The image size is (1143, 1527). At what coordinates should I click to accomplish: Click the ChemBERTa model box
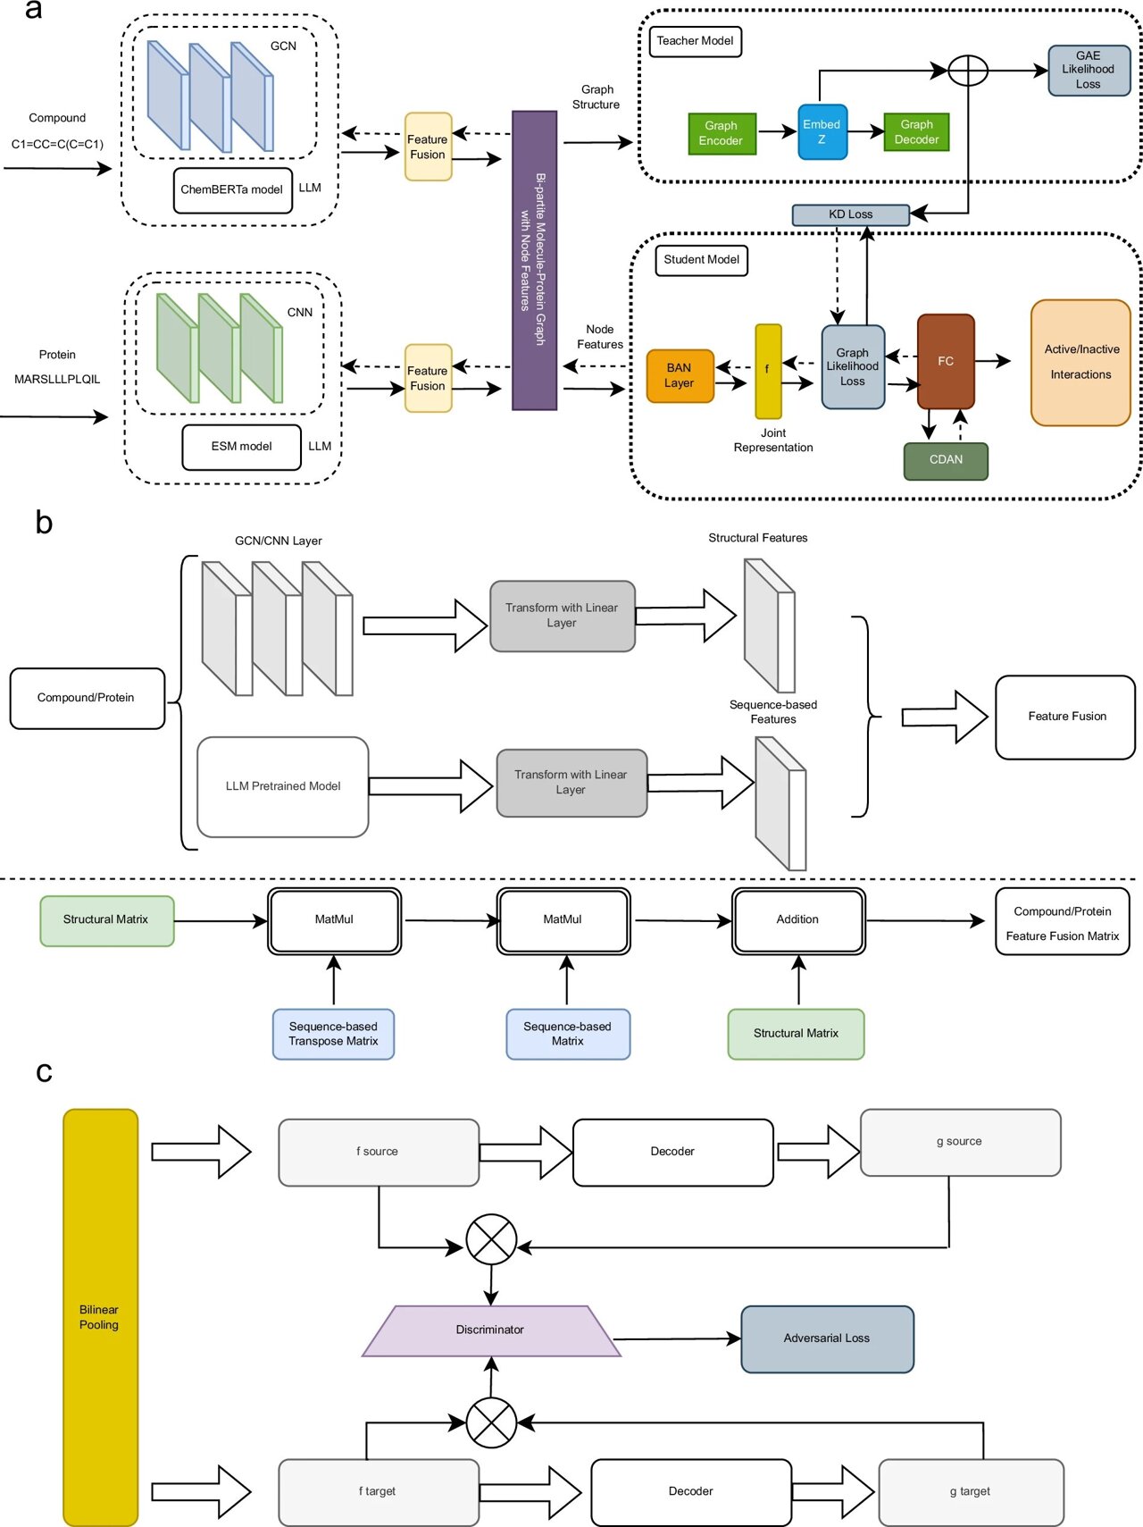click(x=232, y=190)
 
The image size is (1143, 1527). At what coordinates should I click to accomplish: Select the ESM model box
click(x=241, y=447)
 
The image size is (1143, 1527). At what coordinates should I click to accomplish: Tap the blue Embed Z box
click(x=822, y=132)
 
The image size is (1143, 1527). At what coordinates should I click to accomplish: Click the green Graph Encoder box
click(x=722, y=133)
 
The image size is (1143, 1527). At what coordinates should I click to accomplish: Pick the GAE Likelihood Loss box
click(x=1088, y=71)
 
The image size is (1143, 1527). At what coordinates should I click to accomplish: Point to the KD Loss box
click(x=850, y=214)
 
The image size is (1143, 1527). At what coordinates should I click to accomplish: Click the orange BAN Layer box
click(x=680, y=376)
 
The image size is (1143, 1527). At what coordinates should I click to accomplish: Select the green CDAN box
click(x=946, y=461)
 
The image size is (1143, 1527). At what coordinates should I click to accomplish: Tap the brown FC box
click(x=946, y=362)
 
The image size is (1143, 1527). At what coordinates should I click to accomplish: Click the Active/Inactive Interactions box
click(x=1080, y=363)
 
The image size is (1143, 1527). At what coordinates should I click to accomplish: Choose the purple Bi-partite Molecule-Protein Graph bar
click(x=534, y=260)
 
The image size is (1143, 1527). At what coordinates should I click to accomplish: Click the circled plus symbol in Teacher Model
click(x=967, y=71)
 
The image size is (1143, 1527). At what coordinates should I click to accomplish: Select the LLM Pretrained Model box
click(x=283, y=787)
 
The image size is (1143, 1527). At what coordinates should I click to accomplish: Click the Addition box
click(x=798, y=920)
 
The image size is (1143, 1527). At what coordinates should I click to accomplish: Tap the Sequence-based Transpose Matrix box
click(x=333, y=1035)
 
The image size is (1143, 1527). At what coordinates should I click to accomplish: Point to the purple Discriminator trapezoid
click(x=490, y=1330)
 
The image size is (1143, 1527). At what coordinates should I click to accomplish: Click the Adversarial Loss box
click(x=827, y=1338)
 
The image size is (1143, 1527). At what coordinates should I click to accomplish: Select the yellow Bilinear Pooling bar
click(x=100, y=1317)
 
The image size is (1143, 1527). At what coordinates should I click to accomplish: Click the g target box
click(x=971, y=1492)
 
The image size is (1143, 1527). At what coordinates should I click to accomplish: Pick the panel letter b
click(x=44, y=522)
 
